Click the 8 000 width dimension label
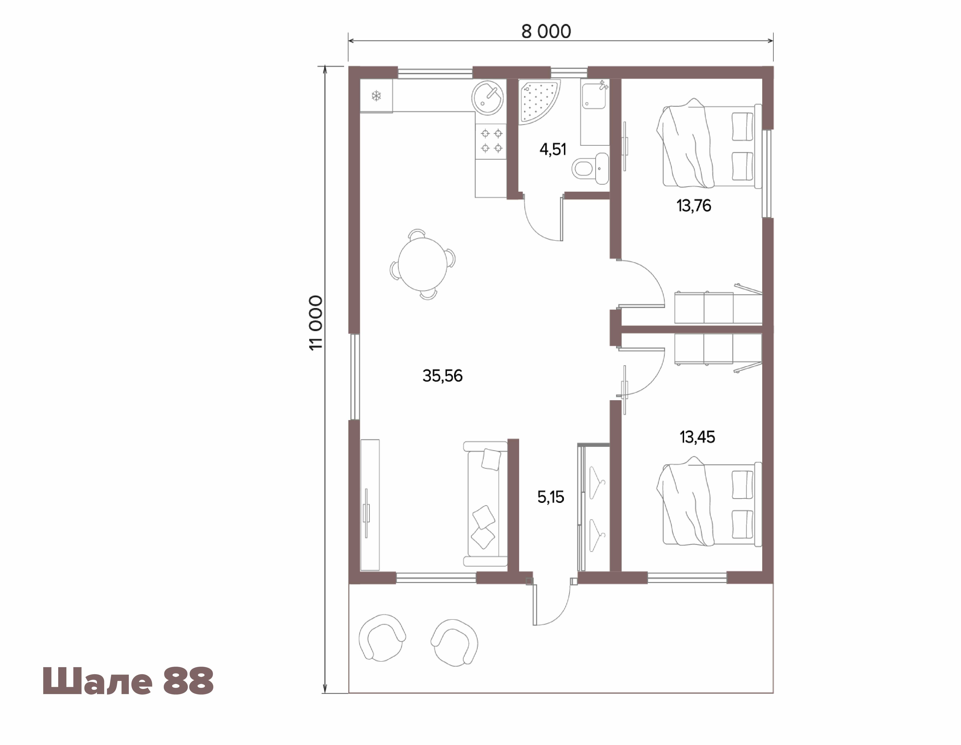(546, 31)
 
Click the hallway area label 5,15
(550, 497)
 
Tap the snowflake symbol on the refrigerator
(376, 95)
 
